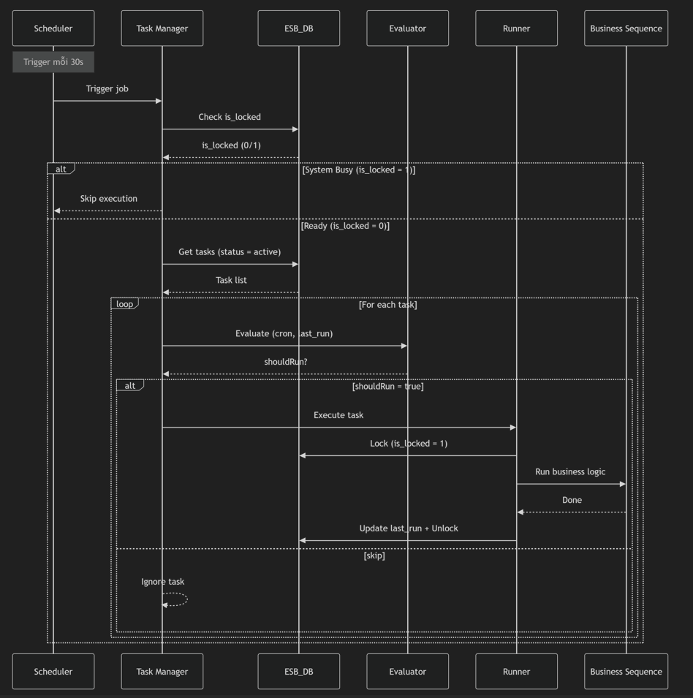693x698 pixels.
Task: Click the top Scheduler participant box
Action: point(53,29)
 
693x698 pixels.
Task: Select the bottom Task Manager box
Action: point(162,671)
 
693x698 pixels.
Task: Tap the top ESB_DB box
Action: point(298,29)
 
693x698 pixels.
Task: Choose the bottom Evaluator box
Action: point(407,671)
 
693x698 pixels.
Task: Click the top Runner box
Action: point(516,29)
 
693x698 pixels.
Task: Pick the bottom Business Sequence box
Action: point(626,671)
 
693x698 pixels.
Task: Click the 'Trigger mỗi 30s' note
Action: point(53,62)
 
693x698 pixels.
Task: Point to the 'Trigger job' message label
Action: point(107,89)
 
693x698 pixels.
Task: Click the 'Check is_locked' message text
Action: point(230,117)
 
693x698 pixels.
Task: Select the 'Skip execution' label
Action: point(109,199)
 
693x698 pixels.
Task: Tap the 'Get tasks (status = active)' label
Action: point(230,252)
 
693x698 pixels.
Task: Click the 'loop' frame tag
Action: point(124,304)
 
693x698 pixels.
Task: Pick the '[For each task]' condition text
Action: point(387,305)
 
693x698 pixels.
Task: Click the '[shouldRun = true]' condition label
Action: point(387,386)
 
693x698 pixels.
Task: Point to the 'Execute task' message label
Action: point(338,415)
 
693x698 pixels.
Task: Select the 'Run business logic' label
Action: point(570,472)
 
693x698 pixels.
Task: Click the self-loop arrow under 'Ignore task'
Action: point(178,599)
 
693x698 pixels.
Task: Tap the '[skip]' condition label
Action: point(374,555)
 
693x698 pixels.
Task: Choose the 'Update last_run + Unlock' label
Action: point(409,528)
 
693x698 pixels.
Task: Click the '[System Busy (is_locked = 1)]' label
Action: point(358,170)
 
